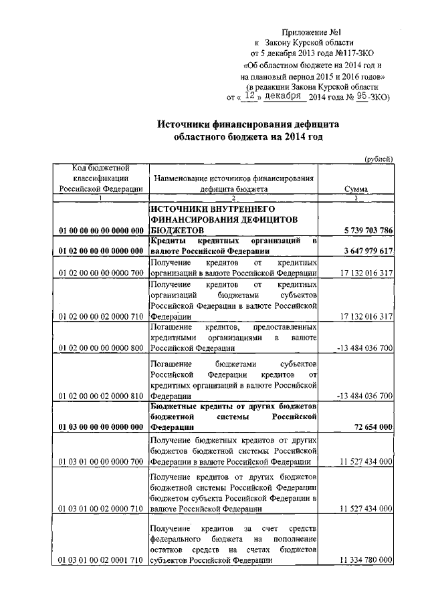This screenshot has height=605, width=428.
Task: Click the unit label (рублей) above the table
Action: coord(378,158)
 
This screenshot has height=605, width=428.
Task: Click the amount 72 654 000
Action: coord(370,426)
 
